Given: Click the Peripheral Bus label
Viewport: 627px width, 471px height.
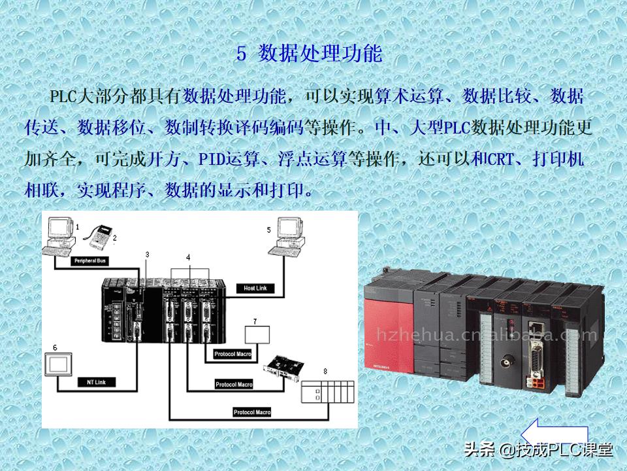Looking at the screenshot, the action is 89,260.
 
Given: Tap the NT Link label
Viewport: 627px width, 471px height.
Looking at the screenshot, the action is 96,381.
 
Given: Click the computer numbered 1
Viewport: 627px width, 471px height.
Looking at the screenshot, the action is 60,236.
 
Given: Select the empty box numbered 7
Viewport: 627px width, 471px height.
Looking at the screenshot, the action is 257,334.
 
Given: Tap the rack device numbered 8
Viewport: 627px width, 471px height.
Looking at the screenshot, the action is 327,392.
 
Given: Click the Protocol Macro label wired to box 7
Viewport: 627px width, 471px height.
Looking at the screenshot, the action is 233,355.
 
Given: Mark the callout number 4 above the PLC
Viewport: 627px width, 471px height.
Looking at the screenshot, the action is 188,258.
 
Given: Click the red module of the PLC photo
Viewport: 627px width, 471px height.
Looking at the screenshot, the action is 389,340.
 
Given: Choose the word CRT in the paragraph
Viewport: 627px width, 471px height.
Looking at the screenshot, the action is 499,158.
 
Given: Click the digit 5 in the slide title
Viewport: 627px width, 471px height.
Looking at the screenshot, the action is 241,54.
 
